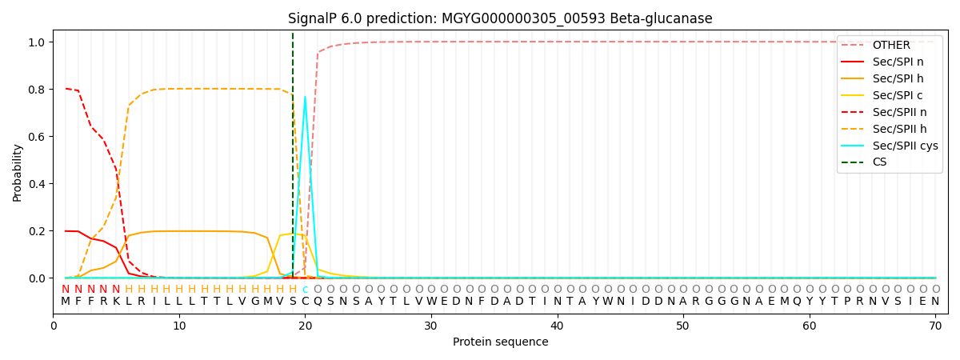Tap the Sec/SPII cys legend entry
pyautogui.click(x=890, y=146)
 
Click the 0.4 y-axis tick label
pyautogui.click(x=38, y=184)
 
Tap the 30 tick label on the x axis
pyautogui.click(x=430, y=326)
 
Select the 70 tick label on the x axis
pyautogui.click(x=935, y=326)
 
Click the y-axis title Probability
pyautogui.click(x=17, y=173)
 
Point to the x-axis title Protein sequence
pyautogui.click(x=501, y=342)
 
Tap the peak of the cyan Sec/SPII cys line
pyautogui.click(x=305, y=97)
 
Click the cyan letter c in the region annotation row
pyautogui.click(x=305, y=290)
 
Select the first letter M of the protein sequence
pyautogui.click(x=65, y=302)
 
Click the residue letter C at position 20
pyautogui.click(x=305, y=302)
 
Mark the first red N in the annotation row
pyautogui.click(x=65, y=290)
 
